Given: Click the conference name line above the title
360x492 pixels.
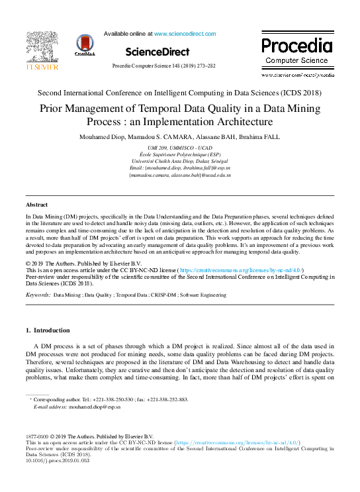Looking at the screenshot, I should click(180, 93).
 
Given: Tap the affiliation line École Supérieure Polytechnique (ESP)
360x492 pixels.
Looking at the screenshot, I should click(180, 154).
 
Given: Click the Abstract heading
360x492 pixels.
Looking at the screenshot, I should click(37, 205).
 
